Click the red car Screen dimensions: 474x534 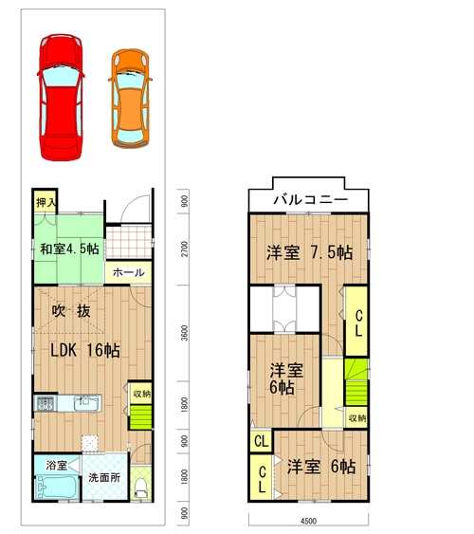[x=61, y=97]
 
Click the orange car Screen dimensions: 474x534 [x=130, y=99]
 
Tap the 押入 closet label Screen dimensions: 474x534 [x=46, y=203]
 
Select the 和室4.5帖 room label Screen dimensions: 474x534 [x=69, y=249]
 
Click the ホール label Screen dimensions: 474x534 [x=129, y=272]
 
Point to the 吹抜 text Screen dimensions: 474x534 [x=71, y=311]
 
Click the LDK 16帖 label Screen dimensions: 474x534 [x=85, y=350]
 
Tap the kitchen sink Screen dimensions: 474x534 [x=86, y=403]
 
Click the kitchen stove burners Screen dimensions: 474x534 [x=45, y=404]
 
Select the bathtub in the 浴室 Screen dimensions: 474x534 [x=57, y=488]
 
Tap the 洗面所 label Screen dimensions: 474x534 [x=104, y=477]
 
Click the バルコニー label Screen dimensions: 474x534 [x=310, y=199]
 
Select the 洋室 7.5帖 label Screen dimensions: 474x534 [x=309, y=252]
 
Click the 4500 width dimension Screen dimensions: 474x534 [x=309, y=521]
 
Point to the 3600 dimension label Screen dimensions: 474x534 [x=184, y=333]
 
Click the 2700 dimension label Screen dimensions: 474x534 [x=184, y=249]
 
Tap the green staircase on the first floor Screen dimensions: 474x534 [x=140, y=416]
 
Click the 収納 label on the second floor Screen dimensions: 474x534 [x=357, y=418]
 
